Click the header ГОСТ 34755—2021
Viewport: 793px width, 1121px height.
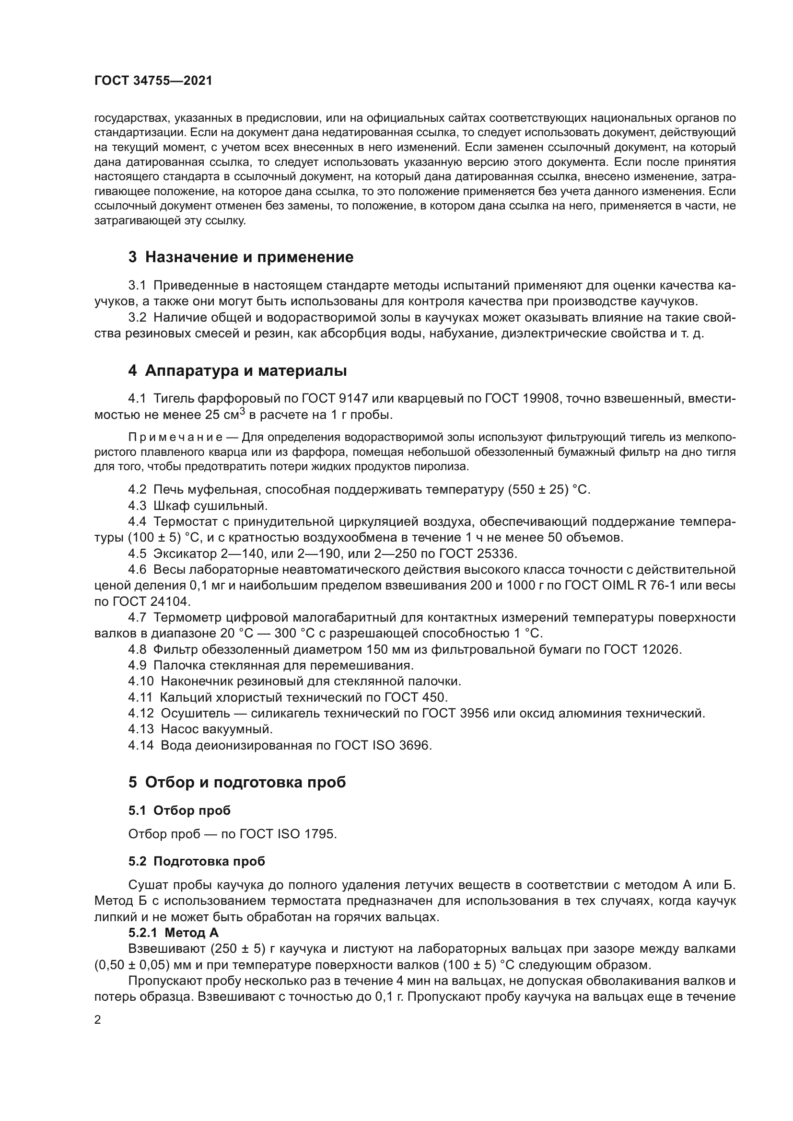153,81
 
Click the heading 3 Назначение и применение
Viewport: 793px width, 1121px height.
241,257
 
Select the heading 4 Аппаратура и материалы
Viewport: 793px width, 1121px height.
237,370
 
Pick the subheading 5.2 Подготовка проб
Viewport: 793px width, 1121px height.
196,861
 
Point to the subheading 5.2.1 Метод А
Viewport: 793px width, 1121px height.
174,933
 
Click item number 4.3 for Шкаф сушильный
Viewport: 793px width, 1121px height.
137,506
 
